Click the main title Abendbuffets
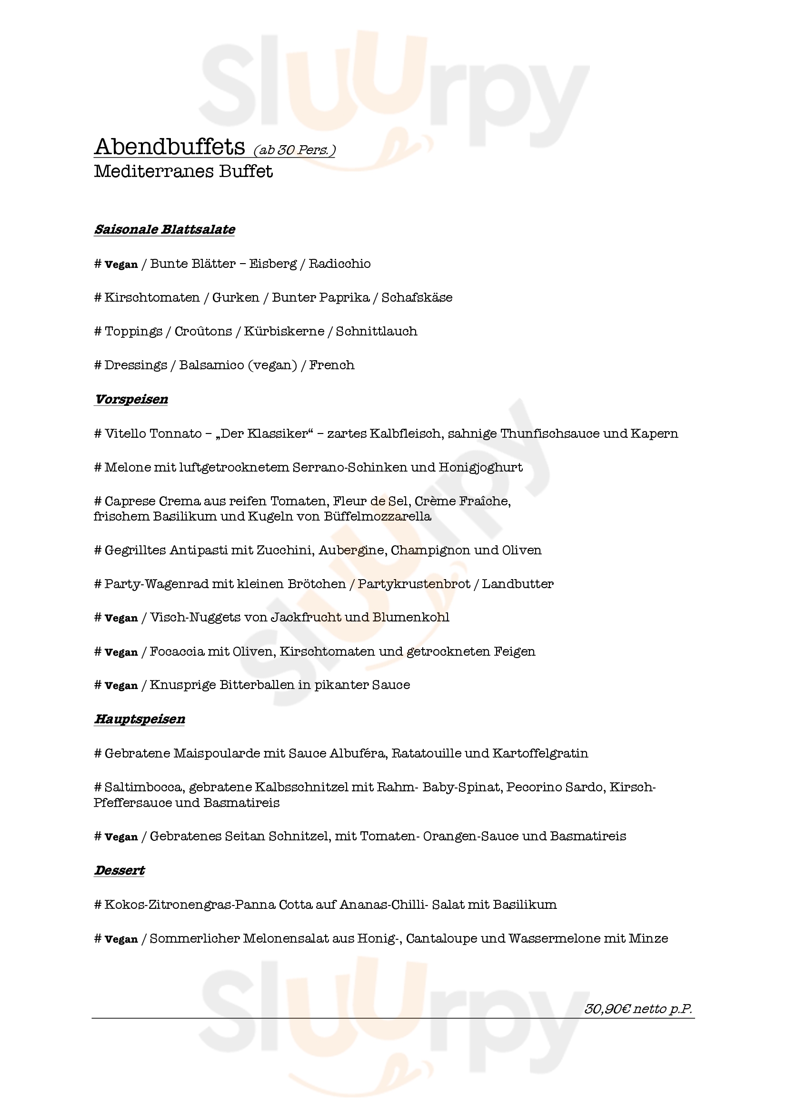coord(169,147)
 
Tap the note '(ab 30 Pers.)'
coord(294,150)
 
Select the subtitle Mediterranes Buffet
coord(183,172)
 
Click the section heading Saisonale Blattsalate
coord(164,229)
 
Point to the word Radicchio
coord(339,264)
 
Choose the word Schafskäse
coord(417,297)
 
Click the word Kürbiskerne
coord(284,332)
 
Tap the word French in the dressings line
coord(332,365)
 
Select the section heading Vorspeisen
coord(131,399)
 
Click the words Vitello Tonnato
coord(153,434)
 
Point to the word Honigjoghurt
coord(480,468)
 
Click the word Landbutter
coord(518,584)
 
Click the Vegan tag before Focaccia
coord(121,652)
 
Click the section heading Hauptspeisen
coord(139,719)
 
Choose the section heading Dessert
coord(120,871)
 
